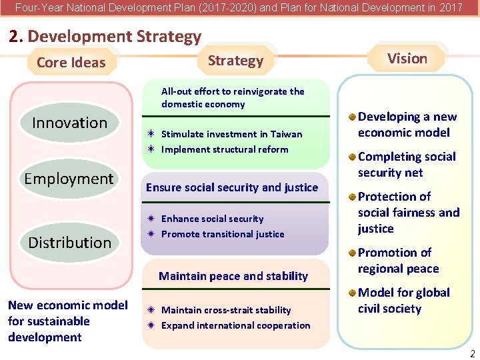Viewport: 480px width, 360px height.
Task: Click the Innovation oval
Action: click(69, 123)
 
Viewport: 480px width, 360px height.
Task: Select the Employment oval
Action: click(69, 179)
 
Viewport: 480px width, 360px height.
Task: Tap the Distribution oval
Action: click(69, 242)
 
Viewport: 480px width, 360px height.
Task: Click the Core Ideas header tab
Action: click(71, 63)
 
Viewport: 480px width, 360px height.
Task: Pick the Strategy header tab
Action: click(235, 61)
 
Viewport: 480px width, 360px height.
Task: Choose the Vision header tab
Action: click(407, 59)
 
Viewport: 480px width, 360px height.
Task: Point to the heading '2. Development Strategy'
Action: click(105, 37)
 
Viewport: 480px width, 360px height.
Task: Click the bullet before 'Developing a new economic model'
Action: click(352, 117)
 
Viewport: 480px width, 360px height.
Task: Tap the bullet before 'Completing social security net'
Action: click(352, 157)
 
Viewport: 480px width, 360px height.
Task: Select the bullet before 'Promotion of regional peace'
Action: click(352, 253)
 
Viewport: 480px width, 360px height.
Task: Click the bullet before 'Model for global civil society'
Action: click(352, 293)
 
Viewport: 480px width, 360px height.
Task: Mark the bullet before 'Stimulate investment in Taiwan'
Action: click(152, 134)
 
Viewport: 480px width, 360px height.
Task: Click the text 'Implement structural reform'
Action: click(225, 149)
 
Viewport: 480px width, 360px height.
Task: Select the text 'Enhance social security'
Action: click(212, 219)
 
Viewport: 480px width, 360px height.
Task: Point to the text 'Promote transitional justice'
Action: click(223, 234)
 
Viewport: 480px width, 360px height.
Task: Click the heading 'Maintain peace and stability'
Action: click(233, 276)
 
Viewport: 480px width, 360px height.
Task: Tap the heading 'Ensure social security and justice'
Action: click(232, 187)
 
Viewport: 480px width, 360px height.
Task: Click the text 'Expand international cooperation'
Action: click(235, 325)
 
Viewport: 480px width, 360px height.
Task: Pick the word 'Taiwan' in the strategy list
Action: click(286, 134)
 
